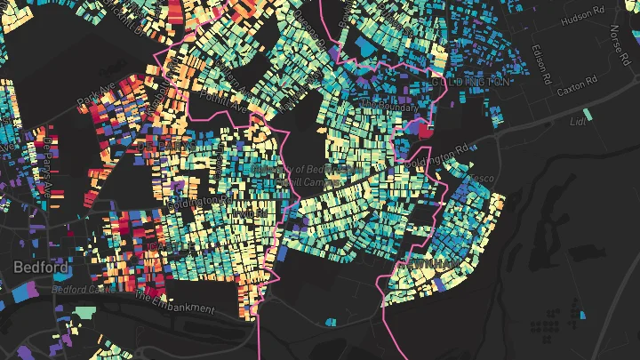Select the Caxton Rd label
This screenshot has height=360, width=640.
574,92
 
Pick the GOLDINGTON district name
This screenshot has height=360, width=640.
470,81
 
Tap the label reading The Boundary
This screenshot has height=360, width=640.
383,104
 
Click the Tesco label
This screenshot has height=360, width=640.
483,178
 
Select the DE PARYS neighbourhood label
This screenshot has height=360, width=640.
164,145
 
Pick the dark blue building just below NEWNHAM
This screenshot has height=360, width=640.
442,284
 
